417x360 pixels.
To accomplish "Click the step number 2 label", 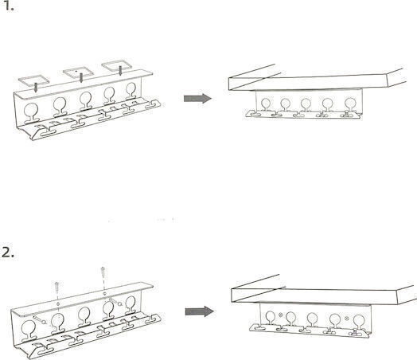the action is coord(8,252).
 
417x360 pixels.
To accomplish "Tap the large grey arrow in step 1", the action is coord(197,99).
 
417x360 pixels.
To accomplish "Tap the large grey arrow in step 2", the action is coord(199,311).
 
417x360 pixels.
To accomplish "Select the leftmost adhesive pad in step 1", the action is coord(33,79).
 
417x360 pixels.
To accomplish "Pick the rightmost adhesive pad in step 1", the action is coord(117,65).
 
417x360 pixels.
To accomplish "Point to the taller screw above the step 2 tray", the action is coord(103,272).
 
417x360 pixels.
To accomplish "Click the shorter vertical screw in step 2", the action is coord(57,287).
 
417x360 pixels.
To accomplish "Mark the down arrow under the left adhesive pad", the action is coord(35,88).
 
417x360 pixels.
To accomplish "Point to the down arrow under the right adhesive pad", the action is coord(120,71).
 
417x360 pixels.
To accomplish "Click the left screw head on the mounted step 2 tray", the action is coord(280,315).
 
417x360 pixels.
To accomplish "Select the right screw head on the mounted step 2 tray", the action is coord(346,319).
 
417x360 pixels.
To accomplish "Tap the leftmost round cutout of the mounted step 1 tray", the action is coord(266,104).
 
